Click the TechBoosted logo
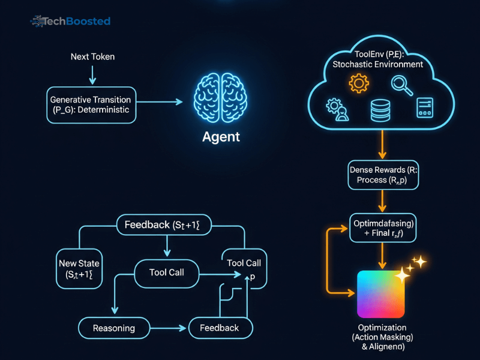pos(70,22)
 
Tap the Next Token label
pos(92,57)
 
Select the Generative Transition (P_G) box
pos(92,105)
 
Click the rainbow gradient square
pos(383,295)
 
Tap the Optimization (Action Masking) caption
pos(382,337)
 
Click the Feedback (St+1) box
pos(166,225)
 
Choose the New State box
pos(79,269)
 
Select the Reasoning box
pos(113,328)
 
